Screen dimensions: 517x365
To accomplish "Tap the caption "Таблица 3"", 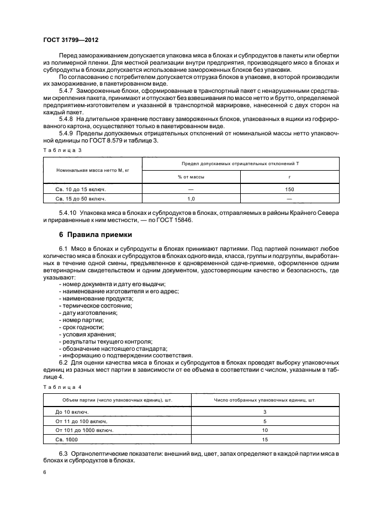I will (x=61, y=150).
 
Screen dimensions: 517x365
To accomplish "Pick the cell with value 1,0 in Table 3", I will (x=192, y=198).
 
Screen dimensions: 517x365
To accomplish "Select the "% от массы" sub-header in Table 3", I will (x=192, y=177).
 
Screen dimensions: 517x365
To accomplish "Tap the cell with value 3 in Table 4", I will (x=265, y=412).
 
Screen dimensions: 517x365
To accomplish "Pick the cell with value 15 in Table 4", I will (x=265, y=439).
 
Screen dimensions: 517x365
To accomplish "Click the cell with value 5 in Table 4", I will (x=265, y=421).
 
